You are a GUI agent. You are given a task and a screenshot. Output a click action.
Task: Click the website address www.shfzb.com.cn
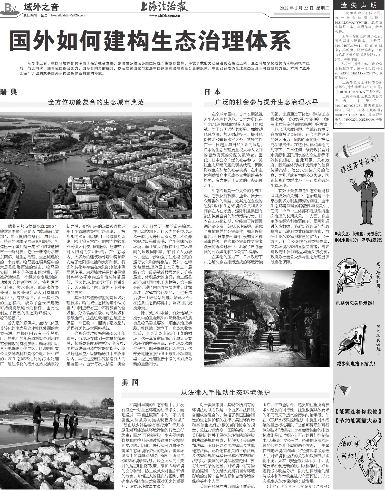[165, 15]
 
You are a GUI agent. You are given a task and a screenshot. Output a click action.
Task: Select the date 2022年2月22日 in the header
[297, 8]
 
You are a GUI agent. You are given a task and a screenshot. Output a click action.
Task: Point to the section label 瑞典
[9, 92]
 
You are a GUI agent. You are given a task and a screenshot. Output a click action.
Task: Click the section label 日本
[213, 92]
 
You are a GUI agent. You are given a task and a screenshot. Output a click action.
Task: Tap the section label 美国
[130, 382]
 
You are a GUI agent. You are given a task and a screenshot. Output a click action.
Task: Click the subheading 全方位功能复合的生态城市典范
[96, 102]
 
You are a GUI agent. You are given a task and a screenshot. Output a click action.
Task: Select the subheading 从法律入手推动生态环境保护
[225, 392]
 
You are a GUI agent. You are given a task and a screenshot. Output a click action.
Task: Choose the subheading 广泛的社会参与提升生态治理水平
[266, 102]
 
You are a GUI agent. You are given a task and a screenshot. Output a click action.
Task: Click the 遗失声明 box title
[359, 5]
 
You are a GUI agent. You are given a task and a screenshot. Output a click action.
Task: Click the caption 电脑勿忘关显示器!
[355, 303]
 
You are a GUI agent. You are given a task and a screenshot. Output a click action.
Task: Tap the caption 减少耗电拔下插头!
[356, 363]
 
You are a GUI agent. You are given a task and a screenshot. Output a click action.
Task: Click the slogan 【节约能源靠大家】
[358, 420]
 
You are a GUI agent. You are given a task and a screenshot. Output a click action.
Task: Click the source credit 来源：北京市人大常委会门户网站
[297, 486]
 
